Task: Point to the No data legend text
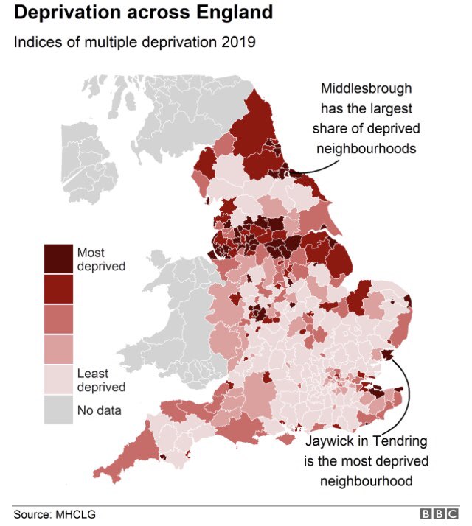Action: (x=100, y=410)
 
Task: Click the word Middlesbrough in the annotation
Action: (x=366, y=89)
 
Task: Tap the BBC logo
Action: (x=439, y=513)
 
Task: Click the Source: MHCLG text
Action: (x=55, y=513)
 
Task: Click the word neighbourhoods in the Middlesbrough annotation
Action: (x=366, y=148)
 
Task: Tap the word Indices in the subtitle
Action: (x=35, y=42)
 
